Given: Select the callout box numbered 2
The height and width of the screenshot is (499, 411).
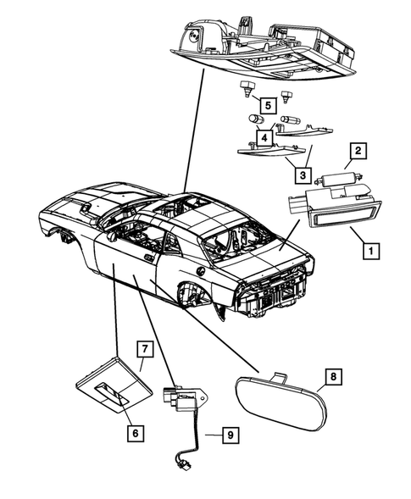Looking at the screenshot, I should click(x=358, y=151).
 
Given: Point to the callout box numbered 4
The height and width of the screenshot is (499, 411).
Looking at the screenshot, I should click(x=264, y=136).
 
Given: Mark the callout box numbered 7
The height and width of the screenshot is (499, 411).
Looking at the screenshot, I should click(x=144, y=349).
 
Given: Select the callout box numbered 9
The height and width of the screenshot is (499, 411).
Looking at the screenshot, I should click(x=228, y=435).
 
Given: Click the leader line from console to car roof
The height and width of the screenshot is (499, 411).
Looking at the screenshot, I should click(x=193, y=136).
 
